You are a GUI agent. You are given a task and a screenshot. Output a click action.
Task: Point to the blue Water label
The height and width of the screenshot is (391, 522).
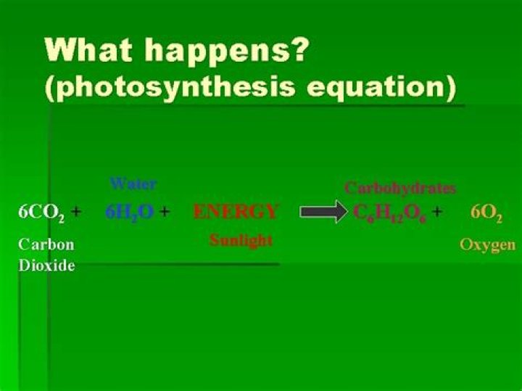click(x=133, y=184)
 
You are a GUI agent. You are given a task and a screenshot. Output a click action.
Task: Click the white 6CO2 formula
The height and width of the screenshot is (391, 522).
click(x=41, y=213)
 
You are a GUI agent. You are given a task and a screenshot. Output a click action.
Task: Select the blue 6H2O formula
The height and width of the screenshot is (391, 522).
click(x=129, y=213)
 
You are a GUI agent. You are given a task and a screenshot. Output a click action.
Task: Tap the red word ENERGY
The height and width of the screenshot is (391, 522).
click(x=236, y=212)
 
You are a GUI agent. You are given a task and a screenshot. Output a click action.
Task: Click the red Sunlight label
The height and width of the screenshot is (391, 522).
click(x=241, y=240)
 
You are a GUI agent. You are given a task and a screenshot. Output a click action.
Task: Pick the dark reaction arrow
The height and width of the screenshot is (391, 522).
click(x=323, y=212)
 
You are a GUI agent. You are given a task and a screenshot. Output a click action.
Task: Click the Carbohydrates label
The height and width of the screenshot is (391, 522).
click(x=400, y=188)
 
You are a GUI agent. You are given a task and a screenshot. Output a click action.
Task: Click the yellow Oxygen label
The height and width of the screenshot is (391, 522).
click(x=488, y=244)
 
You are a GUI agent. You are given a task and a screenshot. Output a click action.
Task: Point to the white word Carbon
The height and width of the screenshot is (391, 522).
click(x=46, y=244)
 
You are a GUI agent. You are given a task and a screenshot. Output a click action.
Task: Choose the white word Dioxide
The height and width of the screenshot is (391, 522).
click(x=46, y=266)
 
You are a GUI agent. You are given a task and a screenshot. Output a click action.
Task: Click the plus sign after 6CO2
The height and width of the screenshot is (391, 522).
click(x=76, y=212)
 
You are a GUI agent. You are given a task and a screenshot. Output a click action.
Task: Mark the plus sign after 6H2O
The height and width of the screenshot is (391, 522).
click(x=165, y=212)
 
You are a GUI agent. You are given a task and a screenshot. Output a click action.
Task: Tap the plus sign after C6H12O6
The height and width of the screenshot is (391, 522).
click(x=437, y=212)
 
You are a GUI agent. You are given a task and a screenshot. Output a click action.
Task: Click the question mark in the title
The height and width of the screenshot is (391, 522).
click(x=300, y=51)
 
